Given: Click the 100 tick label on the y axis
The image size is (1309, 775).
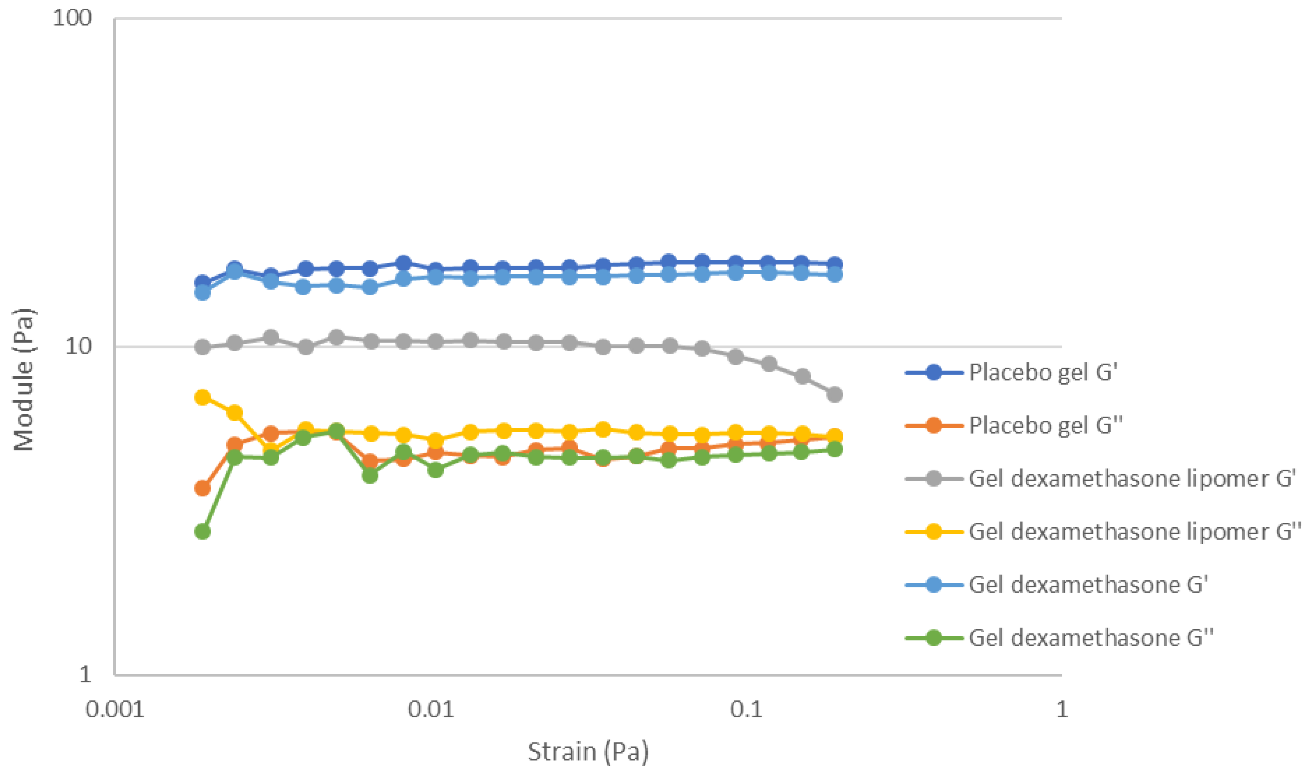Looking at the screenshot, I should tap(72, 18).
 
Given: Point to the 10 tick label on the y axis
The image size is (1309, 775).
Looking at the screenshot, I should tap(78, 346).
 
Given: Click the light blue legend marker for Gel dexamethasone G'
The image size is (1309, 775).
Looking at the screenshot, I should tap(934, 584).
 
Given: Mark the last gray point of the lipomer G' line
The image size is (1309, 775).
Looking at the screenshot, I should tap(835, 394).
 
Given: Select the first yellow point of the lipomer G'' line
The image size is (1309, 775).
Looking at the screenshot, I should tap(203, 397).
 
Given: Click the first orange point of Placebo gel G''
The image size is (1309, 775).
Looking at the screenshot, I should tap(203, 488).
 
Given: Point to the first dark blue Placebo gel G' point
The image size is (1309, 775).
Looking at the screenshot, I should tap(203, 283).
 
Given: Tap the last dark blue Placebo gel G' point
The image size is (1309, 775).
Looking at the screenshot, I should tap(835, 264).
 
